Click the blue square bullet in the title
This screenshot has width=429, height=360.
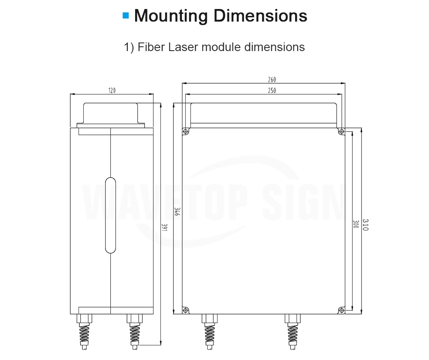126,15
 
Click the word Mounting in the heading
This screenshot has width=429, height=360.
171,16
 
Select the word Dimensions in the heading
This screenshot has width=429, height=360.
260,15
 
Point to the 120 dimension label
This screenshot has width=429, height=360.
112,91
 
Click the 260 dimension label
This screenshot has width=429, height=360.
272,80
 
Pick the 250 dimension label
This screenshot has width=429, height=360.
272,91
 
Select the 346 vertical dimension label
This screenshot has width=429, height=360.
177,212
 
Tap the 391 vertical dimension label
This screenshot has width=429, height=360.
164,227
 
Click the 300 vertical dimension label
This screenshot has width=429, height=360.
356,224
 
